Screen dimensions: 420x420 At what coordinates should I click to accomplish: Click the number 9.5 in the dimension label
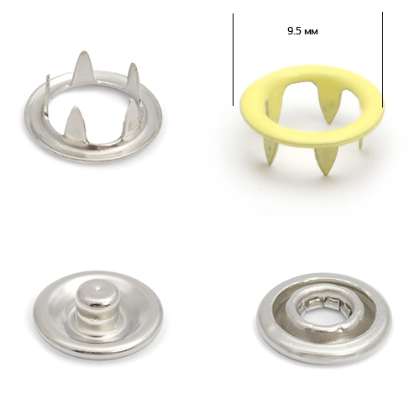294,31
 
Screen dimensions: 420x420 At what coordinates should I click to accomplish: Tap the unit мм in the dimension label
311,32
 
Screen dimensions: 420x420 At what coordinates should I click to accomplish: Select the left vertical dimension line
233,60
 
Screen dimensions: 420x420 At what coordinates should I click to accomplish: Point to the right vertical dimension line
382,60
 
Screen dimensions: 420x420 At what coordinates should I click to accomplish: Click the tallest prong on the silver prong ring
82,67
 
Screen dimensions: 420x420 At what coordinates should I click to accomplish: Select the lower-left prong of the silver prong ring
73,122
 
